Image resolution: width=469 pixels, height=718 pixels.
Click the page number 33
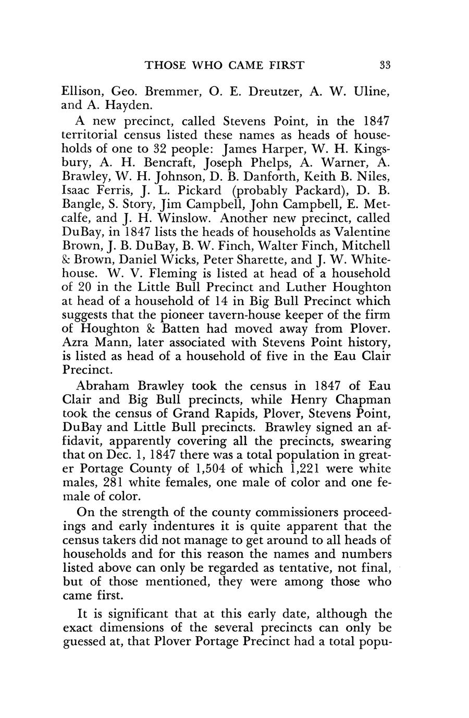(x=385, y=65)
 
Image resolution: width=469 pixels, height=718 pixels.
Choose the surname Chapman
(x=360, y=400)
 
